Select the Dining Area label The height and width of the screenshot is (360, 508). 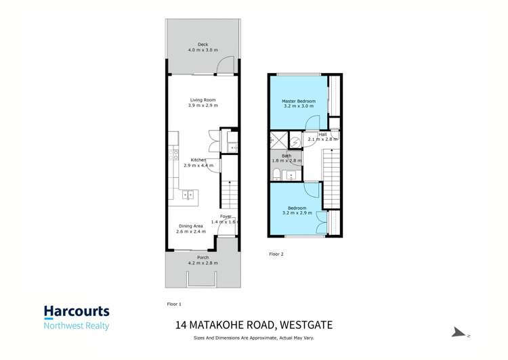(190, 225)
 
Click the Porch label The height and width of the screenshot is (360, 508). (203, 258)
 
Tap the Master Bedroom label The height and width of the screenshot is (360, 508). (299, 101)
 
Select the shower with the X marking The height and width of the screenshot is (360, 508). (277, 140)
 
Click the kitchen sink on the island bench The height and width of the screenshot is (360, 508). (188, 195)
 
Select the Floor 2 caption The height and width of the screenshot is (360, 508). (276, 254)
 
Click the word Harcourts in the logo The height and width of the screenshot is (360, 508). (77, 312)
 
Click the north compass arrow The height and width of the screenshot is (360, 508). (459, 332)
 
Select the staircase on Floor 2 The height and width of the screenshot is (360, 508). (331, 179)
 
